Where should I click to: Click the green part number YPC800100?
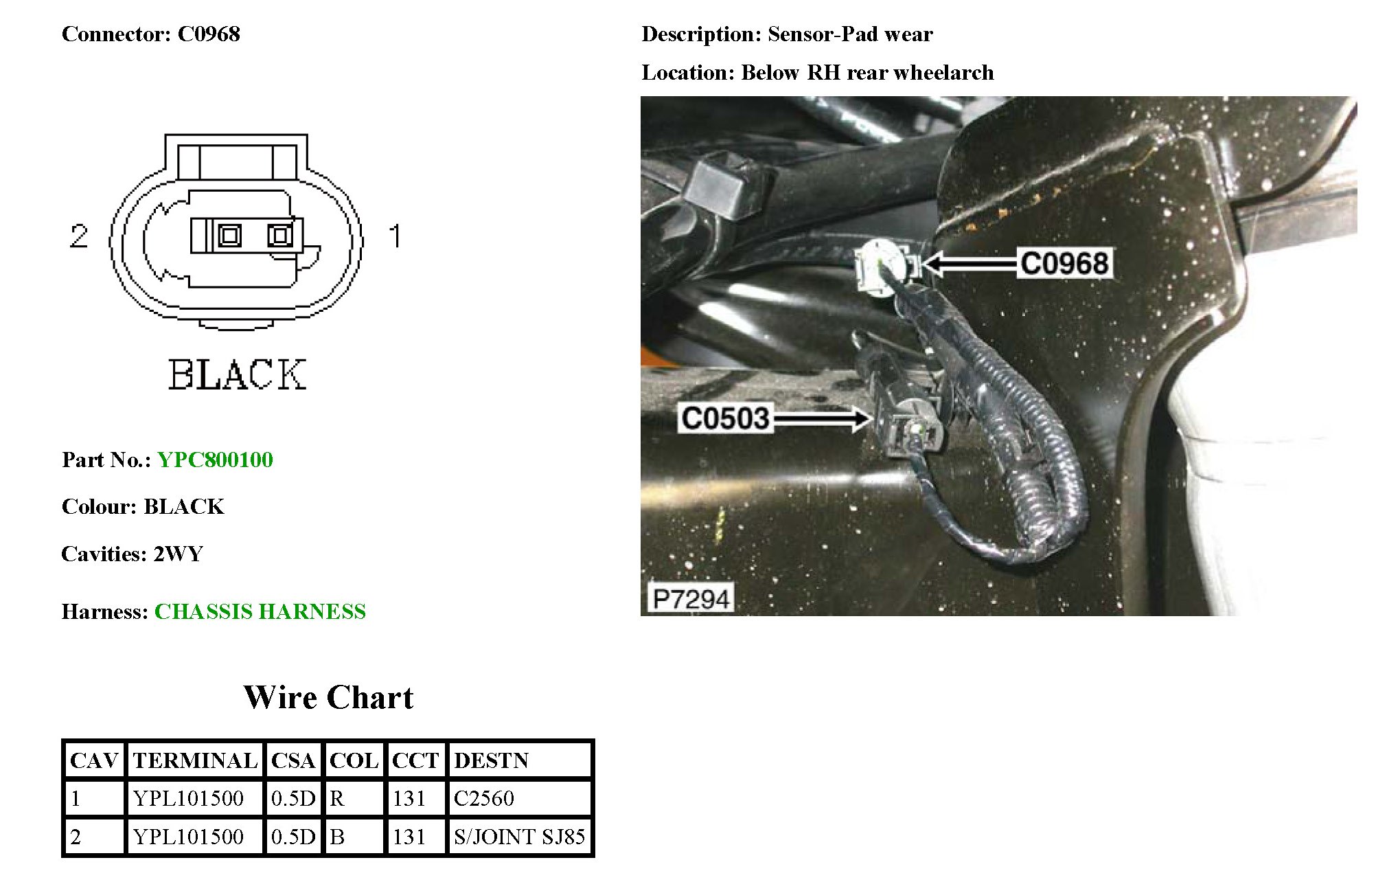(x=215, y=460)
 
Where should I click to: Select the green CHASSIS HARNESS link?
(x=260, y=611)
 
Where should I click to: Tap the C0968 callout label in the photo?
(x=1064, y=263)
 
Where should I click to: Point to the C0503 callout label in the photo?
(x=725, y=418)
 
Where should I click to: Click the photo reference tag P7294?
(x=690, y=598)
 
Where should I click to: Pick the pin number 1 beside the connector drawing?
(x=395, y=236)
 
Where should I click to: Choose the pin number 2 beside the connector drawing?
(x=79, y=236)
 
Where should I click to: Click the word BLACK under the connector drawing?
(x=238, y=374)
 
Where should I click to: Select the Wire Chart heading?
(x=328, y=697)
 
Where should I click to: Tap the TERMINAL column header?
(x=195, y=760)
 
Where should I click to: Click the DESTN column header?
(x=491, y=760)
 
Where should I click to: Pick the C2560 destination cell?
(x=483, y=798)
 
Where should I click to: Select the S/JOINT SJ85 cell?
(x=519, y=837)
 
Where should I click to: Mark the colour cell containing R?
(x=337, y=798)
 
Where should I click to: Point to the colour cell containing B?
(x=337, y=837)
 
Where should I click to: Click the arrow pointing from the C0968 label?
(x=968, y=263)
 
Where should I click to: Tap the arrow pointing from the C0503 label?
(x=821, y=418)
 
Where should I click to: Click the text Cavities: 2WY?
(x=132, y=554)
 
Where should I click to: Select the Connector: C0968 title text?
(x=151, y=34)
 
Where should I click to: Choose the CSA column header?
(x=293, y=760)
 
